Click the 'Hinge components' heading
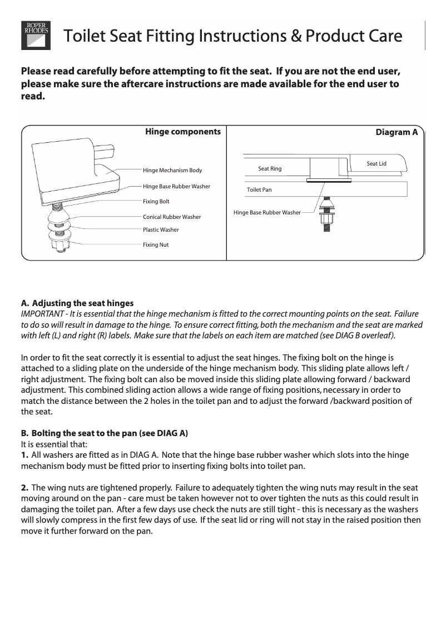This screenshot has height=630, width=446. (x=182, y=132)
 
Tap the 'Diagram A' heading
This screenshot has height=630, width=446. (x=397, y=133)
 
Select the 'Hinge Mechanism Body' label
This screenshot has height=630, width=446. (x=172, y=170)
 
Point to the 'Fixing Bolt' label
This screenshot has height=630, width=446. (x=156, y=201)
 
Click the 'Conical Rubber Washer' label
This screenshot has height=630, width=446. (x=172, y=217)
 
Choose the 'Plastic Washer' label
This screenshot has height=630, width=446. (x=161, y=229)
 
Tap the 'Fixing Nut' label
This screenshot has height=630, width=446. (x=156, y=245)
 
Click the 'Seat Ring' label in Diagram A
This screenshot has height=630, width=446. (x=270, y=168)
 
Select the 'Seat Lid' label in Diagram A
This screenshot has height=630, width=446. (x=376, y=163)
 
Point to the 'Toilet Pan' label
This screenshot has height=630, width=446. (x=259, y=190)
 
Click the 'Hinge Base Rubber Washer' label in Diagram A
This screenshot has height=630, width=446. (x=267, y=212)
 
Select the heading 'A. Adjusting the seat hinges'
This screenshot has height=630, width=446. (x=77, y=303)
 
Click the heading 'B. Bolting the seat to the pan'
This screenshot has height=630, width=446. (x=108, y=433)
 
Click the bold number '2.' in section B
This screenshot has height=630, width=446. (x=24, y=487)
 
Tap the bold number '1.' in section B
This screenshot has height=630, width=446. (x=24, y=455)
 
